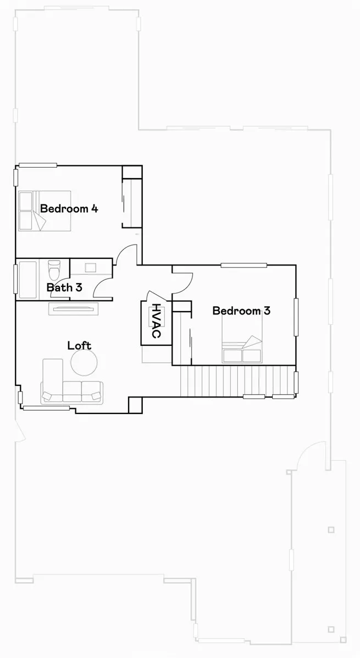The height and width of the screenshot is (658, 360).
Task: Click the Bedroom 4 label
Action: (69, 209)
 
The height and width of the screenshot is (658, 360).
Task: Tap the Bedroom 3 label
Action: (241, 311)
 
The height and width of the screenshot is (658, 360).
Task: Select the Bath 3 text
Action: (64, 287)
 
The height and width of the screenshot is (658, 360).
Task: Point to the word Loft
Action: (79, 346)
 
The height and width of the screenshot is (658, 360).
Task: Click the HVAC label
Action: (157, 322)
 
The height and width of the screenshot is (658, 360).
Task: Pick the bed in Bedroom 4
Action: (45, 211)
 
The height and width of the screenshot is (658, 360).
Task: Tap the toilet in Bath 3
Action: (54, 270)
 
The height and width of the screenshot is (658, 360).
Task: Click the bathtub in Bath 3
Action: (27, 279)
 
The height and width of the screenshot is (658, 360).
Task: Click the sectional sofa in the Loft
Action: (71, 388)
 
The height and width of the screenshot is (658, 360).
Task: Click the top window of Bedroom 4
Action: (38, 165)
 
